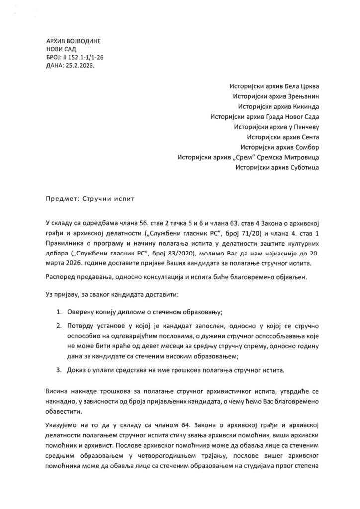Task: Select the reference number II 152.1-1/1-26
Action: (84, 58)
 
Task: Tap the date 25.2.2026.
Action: (79, 66)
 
